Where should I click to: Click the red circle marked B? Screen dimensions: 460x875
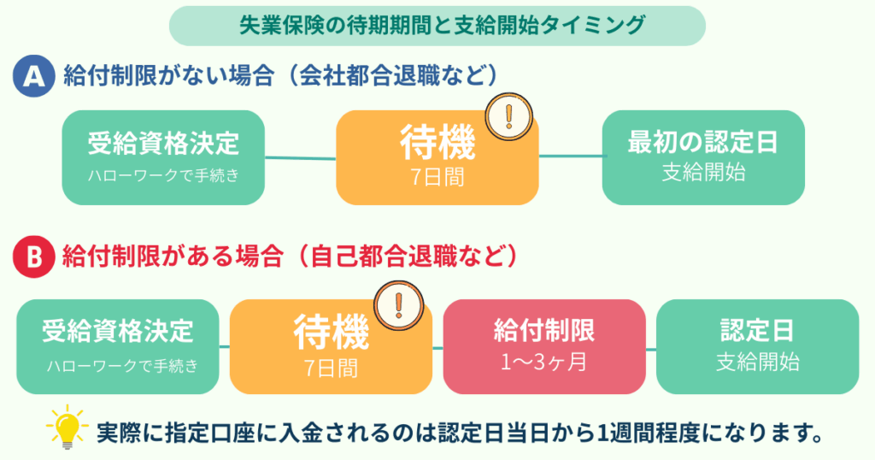[x=33, y=256]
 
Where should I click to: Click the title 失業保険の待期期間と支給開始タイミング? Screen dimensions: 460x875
[x=437, y=25]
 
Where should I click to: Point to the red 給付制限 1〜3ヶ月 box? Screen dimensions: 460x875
[x=543, y=346]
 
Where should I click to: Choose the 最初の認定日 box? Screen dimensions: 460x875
[x=703, y=157]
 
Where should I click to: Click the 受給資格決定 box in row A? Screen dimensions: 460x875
[x=163, y=157]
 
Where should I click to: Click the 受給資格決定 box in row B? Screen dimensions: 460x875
[x=118, y=346]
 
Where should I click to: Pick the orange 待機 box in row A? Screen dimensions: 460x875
[x=437, y=158]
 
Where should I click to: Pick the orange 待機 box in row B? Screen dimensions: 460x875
[x=330, y=346]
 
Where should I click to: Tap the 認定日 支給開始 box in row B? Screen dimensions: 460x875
[x=757, y=346]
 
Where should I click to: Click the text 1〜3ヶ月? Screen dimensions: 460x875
[x=543, y=362]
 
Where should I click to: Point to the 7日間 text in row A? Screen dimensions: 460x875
[x=437, y=177]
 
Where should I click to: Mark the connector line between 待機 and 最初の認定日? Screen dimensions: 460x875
[x=570, y=156]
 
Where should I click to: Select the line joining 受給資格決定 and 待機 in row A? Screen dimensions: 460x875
[x=300, y=157]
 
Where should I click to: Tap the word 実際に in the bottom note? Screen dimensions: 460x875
[x=125, y=432]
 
